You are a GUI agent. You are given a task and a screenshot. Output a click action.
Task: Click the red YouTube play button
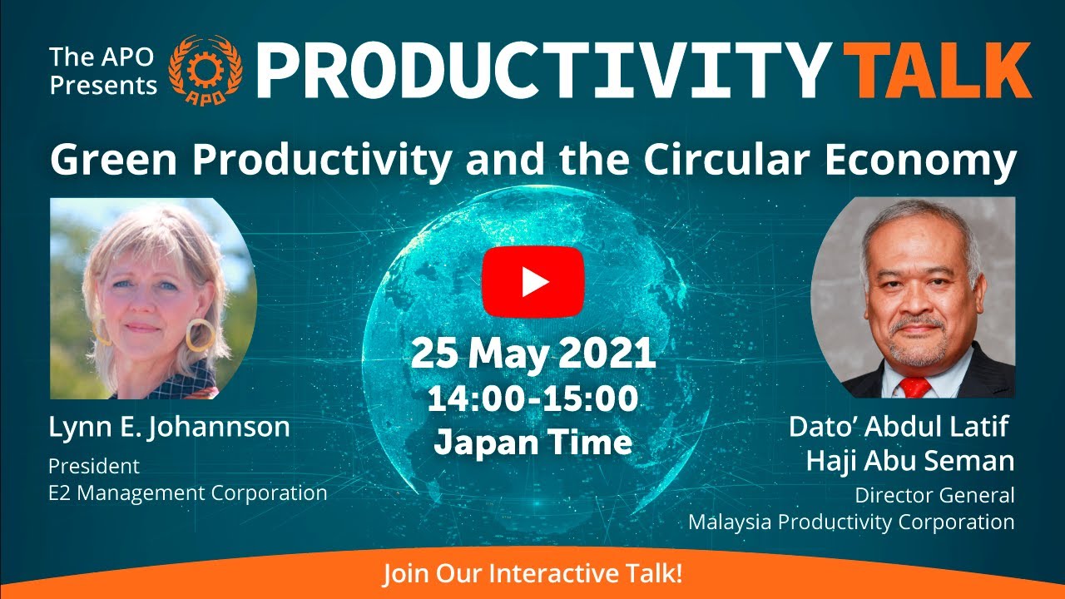pyautogui.click(x=532, y=282)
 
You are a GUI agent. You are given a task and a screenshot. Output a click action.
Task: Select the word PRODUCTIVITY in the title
pyautogui.click(x=542, y=72)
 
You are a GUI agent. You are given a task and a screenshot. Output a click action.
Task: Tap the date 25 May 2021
pyautogui.click(x=532, y=355)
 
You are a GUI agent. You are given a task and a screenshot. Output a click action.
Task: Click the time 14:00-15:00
pyautogui.click(x=532, y=400)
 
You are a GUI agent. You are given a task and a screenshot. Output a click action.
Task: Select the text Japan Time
pyautogui.click(x=532, y=442)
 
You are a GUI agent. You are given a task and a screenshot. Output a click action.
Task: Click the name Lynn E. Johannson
pyautogui.click(x=169, y=428)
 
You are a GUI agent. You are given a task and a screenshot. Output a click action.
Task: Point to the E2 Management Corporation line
pyautogui.click(x=187, y=493)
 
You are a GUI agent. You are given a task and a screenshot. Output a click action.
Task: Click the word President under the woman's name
pyautogui.click(x=93, y=466)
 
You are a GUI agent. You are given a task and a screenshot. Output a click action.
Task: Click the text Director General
pyautogui.click(x=934, y=496)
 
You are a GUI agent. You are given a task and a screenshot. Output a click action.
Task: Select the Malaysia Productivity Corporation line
pyautogui.click(x=851, y=522)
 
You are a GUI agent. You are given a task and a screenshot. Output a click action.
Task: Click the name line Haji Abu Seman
pyautogui.click(x=910, y=461)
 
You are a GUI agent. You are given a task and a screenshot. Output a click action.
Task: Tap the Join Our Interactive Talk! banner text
pyautogui.click(x=532, y=575)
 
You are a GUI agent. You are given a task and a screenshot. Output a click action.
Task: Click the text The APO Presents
pyautogui.click(x=103, y=72)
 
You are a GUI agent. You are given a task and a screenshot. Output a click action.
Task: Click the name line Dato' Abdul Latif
pyautogui.click(x=899, y=428)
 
